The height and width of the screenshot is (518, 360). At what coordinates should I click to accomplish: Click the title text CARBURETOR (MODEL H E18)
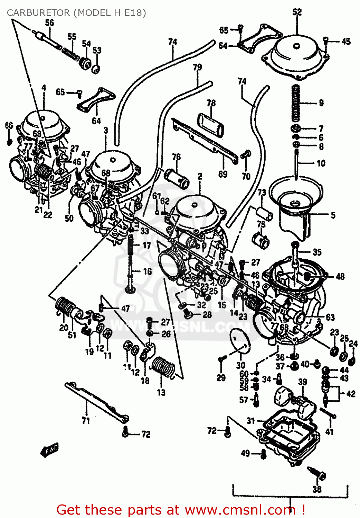pos(76,13)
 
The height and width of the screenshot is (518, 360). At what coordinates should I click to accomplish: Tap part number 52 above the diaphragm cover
pos(297,12)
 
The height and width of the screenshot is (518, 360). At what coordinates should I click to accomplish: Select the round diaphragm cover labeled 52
pos(296,55)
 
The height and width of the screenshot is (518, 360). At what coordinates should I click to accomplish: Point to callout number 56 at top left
pos(50,23)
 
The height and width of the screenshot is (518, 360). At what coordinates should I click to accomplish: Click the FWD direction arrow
pos(49,450)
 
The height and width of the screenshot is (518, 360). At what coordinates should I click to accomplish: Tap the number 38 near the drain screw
pos(316,489)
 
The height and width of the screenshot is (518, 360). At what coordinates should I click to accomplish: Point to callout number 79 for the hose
pos(197,67)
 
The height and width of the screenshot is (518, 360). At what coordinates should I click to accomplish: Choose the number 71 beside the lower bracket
pos(86,421)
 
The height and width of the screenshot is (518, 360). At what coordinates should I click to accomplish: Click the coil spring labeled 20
pos(65,306)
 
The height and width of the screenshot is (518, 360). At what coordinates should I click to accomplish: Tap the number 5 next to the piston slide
pos(333,215)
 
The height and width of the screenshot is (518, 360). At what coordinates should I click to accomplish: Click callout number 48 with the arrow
pos(340,276)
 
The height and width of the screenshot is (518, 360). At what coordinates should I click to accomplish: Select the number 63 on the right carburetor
pos(330,317)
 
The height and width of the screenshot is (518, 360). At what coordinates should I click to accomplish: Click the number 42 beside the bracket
pos(351,394)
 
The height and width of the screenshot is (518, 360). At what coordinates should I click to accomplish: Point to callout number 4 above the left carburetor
pos(44,88)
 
